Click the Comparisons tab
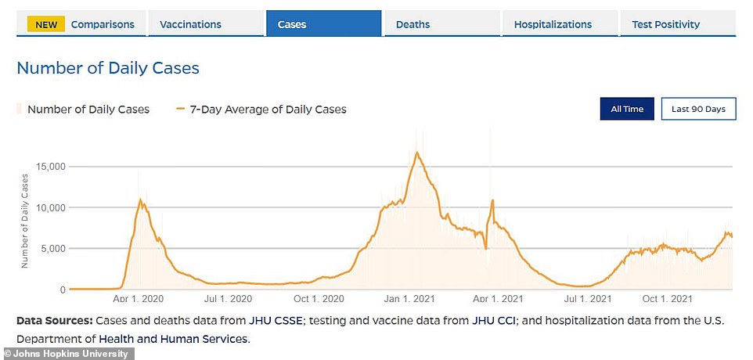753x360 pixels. [x=102, y=24]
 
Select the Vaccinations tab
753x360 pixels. [x=190, y=24]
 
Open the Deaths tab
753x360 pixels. [x=413, y=24]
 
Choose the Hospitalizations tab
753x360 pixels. [x=553, y=24]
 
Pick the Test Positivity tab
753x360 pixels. [x=665, y=24]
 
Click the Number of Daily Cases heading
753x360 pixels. [x=108, y=68]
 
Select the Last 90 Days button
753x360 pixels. [x=698, y=109]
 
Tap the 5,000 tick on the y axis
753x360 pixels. [x=54, y=249]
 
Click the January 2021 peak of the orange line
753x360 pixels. [x=417, y=152]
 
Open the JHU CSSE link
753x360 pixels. [x=271, y=321]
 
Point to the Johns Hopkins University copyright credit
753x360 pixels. [x=67, y=354]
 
